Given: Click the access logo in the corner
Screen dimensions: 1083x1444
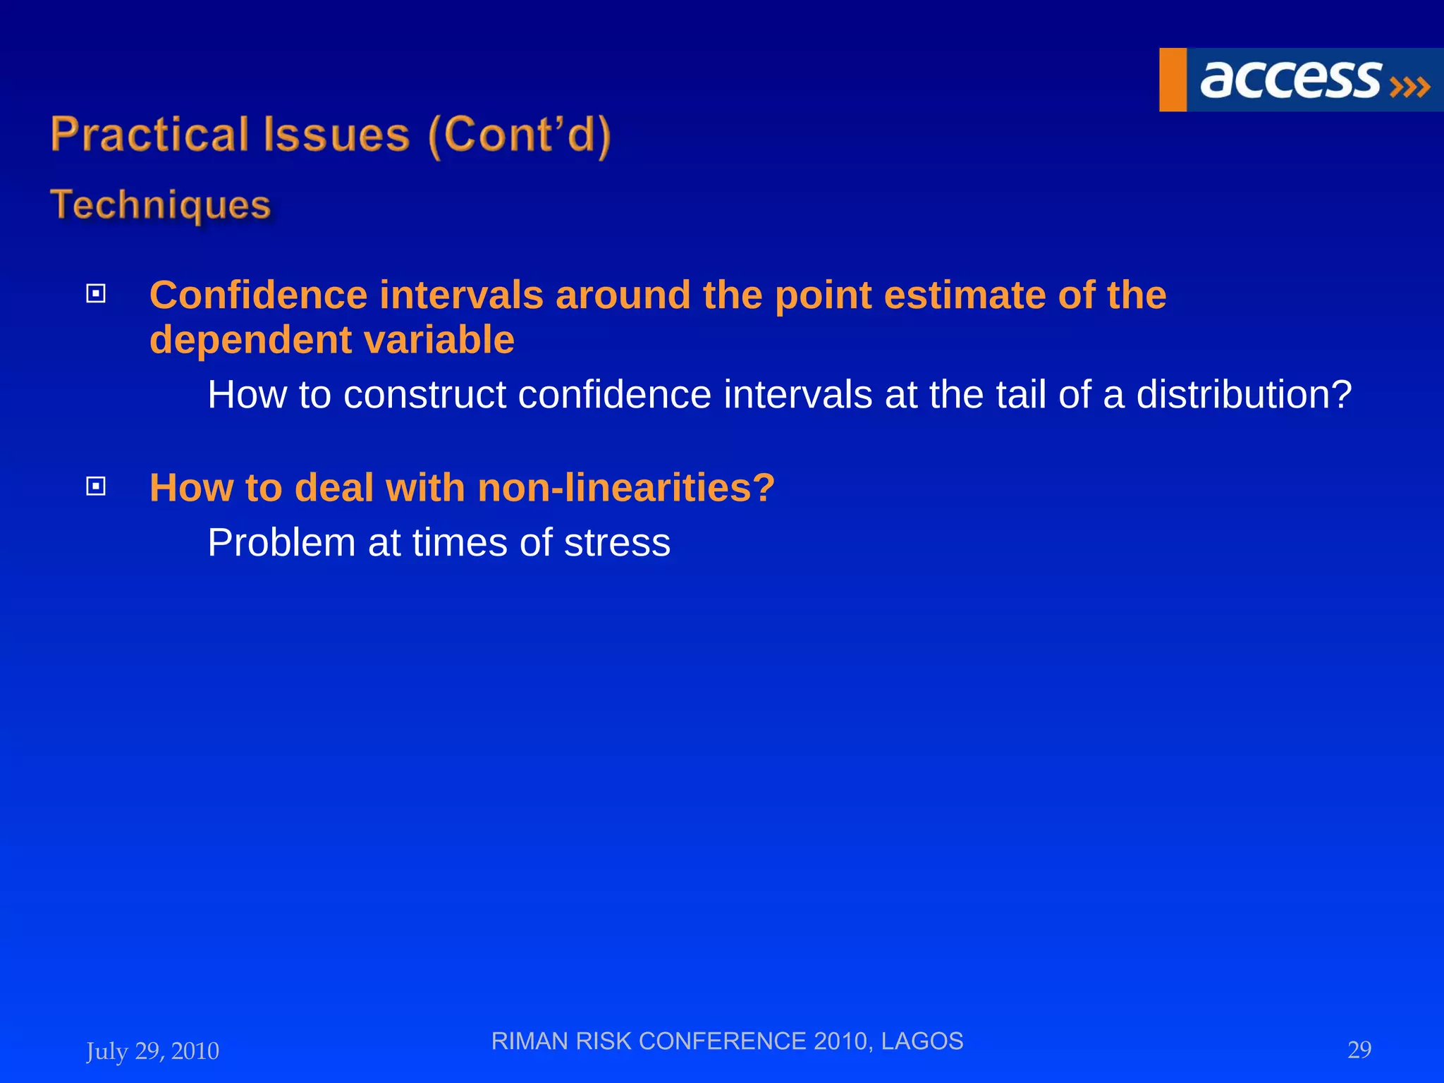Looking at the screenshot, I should [1301, 80].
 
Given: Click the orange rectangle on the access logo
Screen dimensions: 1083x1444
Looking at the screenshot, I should [1173, 80].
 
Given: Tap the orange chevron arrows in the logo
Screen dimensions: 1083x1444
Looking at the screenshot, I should [1409, 87].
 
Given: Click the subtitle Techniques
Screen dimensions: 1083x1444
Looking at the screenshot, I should [161, 205].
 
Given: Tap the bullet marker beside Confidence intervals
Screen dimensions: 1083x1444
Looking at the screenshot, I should [96, 293].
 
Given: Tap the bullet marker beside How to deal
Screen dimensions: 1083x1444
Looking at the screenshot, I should [96, 486].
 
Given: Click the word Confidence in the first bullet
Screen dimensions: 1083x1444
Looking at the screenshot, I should [258, 295].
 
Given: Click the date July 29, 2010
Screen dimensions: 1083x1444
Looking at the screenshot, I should [152, 1051].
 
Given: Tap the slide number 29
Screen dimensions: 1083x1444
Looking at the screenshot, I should [1359, 1050].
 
